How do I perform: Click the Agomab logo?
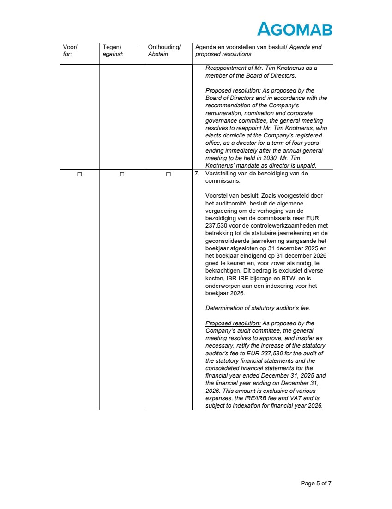tap(294, 29)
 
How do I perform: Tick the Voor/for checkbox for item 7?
tap(79, 174)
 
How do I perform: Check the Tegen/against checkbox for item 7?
tap(122, 174)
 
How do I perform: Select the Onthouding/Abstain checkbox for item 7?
tap(168, 174)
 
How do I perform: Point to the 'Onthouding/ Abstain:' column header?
tap(164, 50)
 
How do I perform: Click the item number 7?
tap(197, 174)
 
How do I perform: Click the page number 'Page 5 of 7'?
tap(316, 483)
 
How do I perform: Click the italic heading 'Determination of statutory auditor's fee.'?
tap(258, 308)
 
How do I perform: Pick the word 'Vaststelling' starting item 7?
tap(220, 174)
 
